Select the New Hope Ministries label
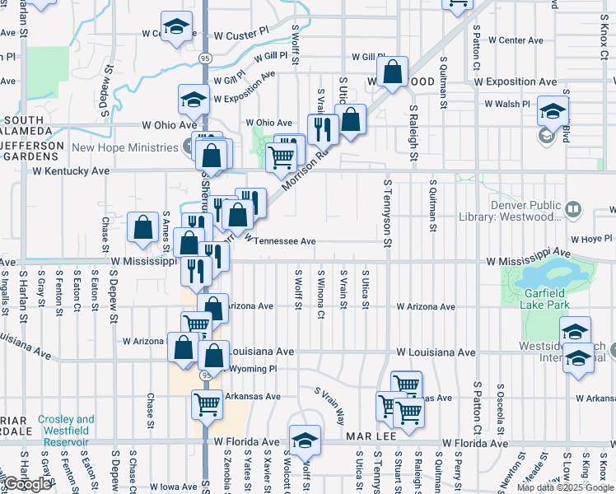[125, 147]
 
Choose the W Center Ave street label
[516, 40]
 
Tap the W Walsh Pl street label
[507, 105]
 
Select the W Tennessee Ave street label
[280, 241]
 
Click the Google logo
[28, 484]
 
